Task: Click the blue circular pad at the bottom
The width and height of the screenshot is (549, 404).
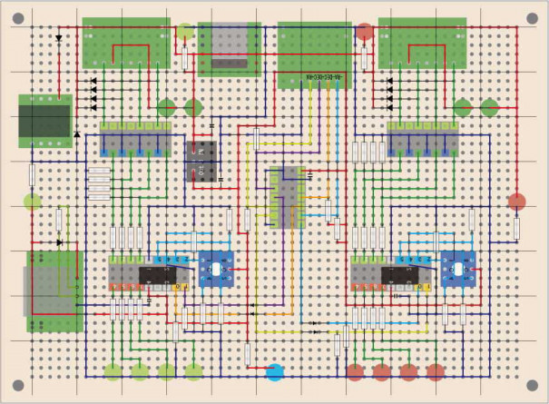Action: [x=275, y=371]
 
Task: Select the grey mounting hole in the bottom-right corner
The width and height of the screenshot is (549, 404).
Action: [x=532, y=385]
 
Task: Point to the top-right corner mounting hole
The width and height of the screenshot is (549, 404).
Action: [x=532, y=18]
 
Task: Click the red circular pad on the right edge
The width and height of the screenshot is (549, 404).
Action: [x=517, y=202]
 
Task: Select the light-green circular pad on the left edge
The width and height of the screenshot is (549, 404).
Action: [x=33, y=202]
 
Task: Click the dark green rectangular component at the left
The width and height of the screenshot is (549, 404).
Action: [x=46, y=121]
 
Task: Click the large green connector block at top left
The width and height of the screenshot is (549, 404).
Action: [x=126, y=43]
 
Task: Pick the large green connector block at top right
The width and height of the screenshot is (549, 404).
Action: [x=422, y=43]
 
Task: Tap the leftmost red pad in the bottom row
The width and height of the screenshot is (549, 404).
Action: [x=356, y=371]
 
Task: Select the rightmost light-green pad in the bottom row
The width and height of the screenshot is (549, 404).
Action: [x=193, y=370]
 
